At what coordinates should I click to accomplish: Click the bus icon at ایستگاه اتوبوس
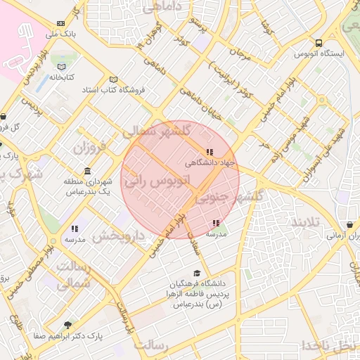click(x=319, y=42)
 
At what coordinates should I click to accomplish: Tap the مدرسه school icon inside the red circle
click(x=215, y=224)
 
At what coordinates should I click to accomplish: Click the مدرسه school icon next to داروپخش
click(x=75, y=229)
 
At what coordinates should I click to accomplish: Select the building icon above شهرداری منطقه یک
click(x=86, y=172)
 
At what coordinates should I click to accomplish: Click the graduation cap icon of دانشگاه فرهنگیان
click(x=198, y=273)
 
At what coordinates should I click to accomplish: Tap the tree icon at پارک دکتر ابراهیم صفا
click(x=67, y=325)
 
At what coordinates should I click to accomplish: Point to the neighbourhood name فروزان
click(x=88, y=148)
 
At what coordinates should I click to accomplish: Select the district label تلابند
click(x=304, y=222)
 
